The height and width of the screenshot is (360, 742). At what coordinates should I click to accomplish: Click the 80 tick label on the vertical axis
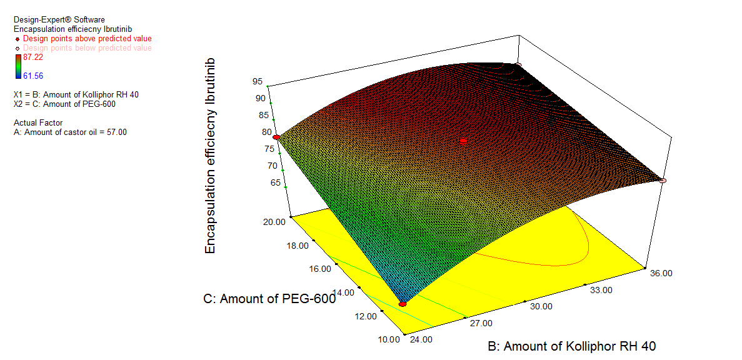point(267,132)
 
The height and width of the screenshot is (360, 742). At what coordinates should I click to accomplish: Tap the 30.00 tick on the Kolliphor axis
point(541,306)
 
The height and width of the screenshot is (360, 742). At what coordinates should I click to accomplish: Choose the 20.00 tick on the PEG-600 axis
point(273,221)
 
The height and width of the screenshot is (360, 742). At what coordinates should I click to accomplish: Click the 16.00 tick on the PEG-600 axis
point(319,268)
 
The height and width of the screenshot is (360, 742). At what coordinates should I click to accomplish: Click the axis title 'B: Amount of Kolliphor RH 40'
point(571,346)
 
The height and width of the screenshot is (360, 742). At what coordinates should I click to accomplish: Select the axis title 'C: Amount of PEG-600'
point(269,299)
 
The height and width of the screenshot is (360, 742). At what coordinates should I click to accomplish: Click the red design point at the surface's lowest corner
point(403,304)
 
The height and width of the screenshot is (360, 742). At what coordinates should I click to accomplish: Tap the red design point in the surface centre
point(463,141)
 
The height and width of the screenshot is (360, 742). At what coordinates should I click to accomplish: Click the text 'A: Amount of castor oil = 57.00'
point(70,132)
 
